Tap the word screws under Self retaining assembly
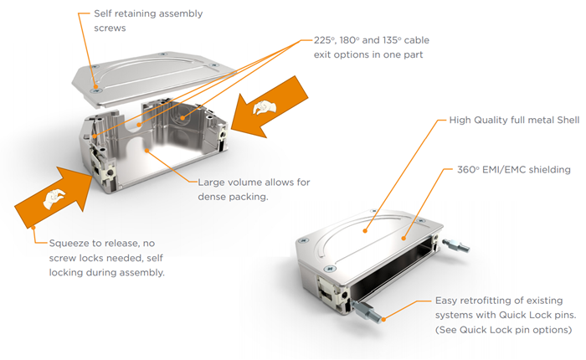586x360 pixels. click(x=103, y=28)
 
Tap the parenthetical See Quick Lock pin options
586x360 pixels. click(x=503, y=329)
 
